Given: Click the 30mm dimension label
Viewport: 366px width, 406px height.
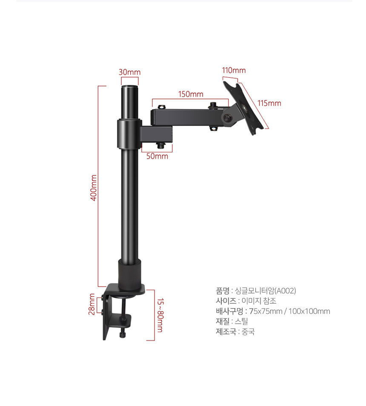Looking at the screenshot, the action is click(x=129, y=72).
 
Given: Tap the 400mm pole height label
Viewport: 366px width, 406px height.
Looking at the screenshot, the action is click(x=94, y=188).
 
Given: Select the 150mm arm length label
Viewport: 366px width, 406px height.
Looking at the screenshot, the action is click(x=191, y=94).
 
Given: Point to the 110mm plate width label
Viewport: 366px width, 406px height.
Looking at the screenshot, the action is click(x=234, y=70).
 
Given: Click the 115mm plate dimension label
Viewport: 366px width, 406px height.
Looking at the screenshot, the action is click(x=269, y=103).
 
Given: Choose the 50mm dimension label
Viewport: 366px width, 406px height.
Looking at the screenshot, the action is click(x=157, y=156).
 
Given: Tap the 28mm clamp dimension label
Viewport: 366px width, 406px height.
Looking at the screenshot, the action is click(x=92, y=304).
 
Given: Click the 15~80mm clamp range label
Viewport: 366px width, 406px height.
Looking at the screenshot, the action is click(x=160, y=315).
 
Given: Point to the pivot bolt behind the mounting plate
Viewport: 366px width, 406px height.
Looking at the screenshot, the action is click(x=228, y=118).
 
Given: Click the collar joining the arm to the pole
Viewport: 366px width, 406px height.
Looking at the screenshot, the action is click(x=129, y=134).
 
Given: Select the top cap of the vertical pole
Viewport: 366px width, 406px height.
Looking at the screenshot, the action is click(x=130, y=88).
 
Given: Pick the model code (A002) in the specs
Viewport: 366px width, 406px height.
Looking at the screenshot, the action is click(x=285, y=291).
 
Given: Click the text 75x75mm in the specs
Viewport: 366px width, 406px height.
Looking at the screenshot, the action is click(x=266, y=311).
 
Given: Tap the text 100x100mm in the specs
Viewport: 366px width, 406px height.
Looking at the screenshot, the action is click(x=309, y=311).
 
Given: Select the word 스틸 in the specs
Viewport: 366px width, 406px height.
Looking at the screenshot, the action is click(x=241, y=321).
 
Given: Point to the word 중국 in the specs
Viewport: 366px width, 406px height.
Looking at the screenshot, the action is click(x=248, y=332).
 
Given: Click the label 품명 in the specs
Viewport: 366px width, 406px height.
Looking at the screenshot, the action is click(x=223, y=291).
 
